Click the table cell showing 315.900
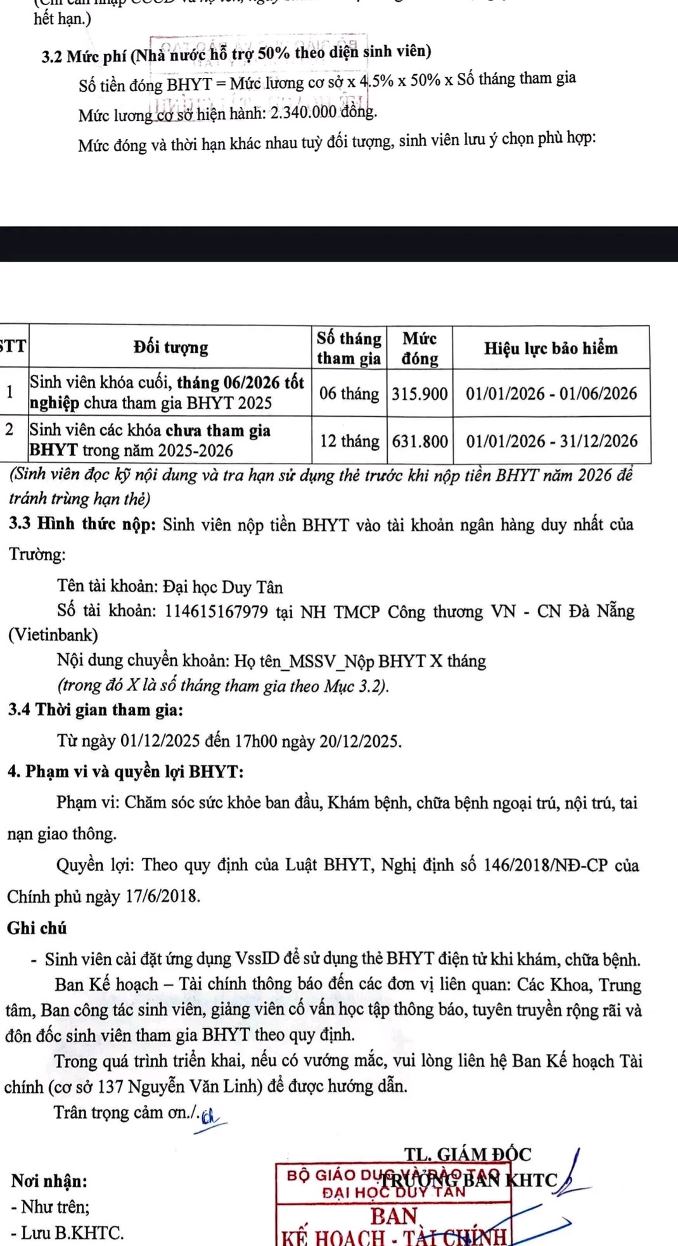click(419, 394)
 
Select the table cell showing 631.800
click(419, 442)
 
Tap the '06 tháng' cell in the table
click(349, 394)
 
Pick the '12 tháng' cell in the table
click(349, 442)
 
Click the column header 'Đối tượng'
click(170, 347)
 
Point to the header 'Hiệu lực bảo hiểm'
click(551, 348)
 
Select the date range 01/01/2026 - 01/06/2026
click(551, 394)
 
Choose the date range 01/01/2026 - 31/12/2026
click(551, 442)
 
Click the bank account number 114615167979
click(216, 612)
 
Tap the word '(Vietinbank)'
click(53, 635)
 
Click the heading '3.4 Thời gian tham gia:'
click(96, 710)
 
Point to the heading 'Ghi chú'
click(37, 929)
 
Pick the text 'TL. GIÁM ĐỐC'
click(468, 1154)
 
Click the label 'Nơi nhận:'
click(49, 1181)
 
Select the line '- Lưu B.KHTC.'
click(67, 1233)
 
